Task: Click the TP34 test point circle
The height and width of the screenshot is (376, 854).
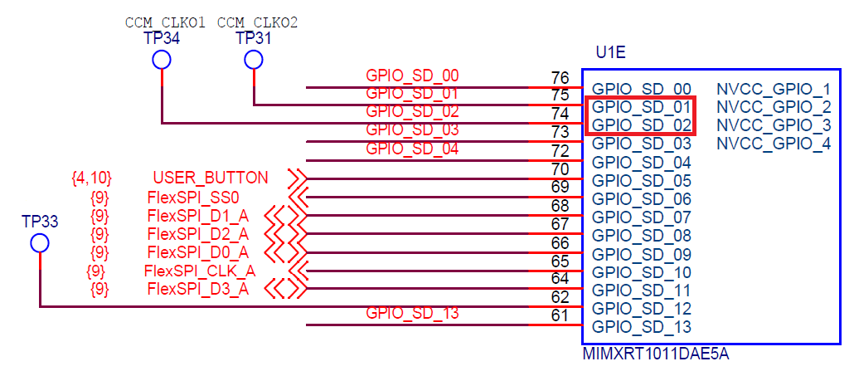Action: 161,60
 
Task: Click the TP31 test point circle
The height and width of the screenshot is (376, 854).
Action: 253,60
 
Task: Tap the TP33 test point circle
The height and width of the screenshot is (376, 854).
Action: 39,243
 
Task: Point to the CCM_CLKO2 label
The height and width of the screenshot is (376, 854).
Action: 257,22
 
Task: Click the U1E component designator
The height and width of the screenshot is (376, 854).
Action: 610,54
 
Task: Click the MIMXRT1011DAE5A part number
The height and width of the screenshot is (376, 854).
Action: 656,354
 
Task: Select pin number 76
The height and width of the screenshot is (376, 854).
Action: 560,78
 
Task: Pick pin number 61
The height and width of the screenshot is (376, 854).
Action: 560,315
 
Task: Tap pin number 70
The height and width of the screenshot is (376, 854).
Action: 560,169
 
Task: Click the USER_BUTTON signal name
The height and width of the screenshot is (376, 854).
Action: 211,178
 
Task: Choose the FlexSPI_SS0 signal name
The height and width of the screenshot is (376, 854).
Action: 193,198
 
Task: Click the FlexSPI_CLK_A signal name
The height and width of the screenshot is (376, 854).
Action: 199,271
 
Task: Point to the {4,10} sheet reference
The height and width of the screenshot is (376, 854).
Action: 92,178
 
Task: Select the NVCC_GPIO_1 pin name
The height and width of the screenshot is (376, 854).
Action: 774,89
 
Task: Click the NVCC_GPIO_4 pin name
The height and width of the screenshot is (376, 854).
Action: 774,144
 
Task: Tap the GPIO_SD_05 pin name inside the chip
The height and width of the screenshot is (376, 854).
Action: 642,180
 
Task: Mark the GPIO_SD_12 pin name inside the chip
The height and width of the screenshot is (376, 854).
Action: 642,308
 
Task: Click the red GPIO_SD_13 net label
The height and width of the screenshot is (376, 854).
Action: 412,314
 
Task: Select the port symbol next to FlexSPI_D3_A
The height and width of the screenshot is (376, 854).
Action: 286,289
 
